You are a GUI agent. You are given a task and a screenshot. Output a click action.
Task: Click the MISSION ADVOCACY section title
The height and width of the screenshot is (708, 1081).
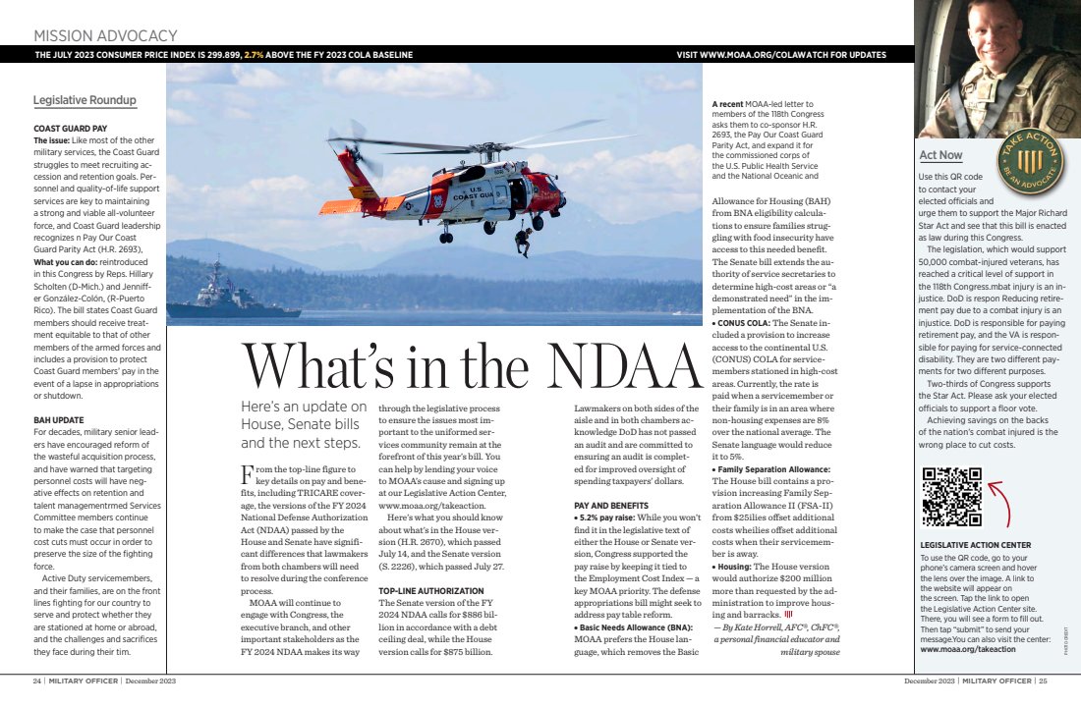(105, 36)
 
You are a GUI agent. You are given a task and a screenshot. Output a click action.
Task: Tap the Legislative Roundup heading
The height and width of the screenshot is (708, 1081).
(85, 100)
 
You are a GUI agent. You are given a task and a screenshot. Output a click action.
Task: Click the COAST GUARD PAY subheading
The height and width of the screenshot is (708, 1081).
(70, 129)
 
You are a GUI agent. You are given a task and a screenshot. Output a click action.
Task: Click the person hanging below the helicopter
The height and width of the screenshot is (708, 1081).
(524, 241)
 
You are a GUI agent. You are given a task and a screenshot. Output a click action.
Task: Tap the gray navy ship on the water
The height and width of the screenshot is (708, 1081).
(218, 294)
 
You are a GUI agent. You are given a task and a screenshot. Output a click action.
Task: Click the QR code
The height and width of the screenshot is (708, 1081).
(952, 497)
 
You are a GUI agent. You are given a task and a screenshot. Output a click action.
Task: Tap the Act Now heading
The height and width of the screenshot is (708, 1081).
(940, 155)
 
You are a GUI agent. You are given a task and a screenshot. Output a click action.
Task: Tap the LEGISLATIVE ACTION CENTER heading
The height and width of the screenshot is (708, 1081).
(975, 544)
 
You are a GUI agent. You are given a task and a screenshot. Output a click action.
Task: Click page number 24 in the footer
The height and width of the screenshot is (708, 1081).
(36, 680)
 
